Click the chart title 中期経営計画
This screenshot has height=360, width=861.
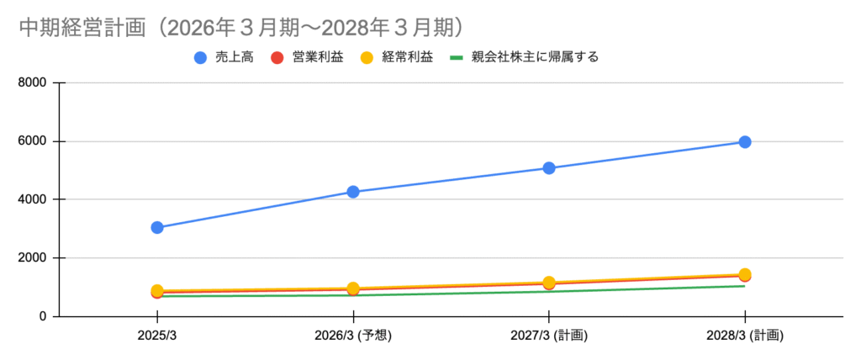pyautogui.click(x=83, y=29)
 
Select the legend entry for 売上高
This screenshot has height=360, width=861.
pyautogui.click(x=224, y=57)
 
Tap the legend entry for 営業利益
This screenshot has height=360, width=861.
pyautogui.click(x=308, y=57)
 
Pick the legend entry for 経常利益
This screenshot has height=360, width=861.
pyautogui.click(x=397, y=57)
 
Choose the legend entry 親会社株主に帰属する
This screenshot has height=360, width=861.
pyautogui.click(x=525, y=57)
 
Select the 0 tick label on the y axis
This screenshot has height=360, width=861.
pyautogui.click(x=43, y=316)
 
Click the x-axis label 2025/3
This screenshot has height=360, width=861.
pyautogui.click(x=157, y=336)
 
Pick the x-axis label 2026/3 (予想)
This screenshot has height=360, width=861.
pyautogui.click(x=353, y=336)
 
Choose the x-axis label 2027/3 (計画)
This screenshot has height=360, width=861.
pyautogui.click(x=549, y=336)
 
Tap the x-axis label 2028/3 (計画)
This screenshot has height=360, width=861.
pyautogui.click(x=745, y=336)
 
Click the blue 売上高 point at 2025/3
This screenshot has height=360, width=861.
pyautogui.click(x=157, y=228)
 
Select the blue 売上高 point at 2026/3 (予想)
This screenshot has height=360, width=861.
pyautogui.click(x=353, y=192)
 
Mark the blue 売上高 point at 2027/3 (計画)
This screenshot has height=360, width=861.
pyautogui.click(x=549, y=168)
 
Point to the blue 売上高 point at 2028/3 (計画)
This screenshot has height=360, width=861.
pyautogui.click(x=745, y=142)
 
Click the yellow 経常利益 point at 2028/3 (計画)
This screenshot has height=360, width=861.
pyautogui.click(x=745, y=274)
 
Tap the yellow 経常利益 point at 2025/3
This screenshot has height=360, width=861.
pyautogui.click(x=157, y=291)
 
